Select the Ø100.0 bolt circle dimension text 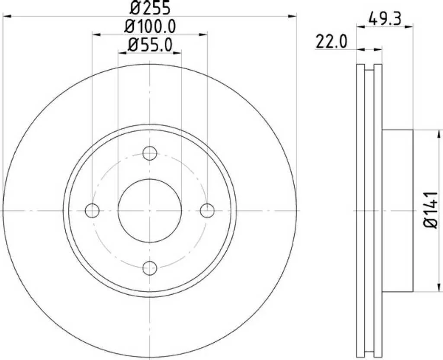coord(150,26)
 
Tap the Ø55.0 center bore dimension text coord(150,45)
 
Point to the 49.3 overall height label coord(385,19)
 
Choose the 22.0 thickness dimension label coord(331,42)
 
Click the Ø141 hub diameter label coord(431,210)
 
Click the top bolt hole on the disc coord(150,153)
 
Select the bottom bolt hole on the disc coord(150,268)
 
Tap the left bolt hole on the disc coord(92,211)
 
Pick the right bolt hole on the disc coord(207,211)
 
